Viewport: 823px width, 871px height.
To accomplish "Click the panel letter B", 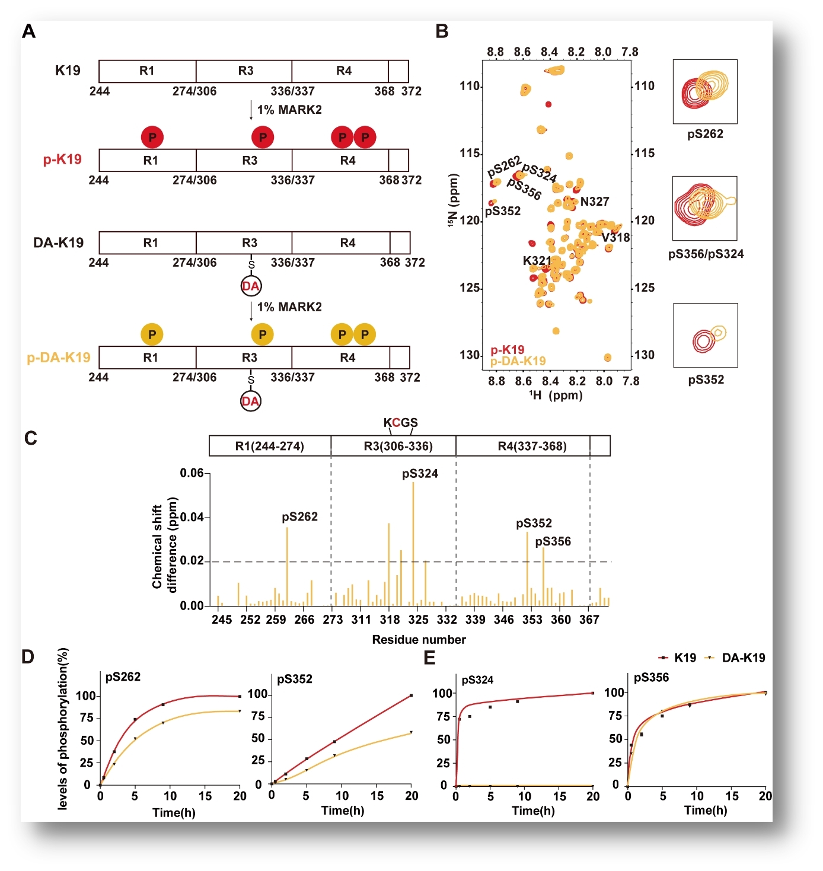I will coord(442,31).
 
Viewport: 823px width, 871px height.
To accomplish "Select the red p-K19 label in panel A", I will coord(62,159).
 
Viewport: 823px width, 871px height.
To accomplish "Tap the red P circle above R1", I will coord(152,138).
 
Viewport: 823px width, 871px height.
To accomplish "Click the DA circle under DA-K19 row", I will coord(251,286).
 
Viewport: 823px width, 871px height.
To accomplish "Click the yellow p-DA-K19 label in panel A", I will coord(59,358).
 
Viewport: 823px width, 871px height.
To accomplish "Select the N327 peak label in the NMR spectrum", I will coord(595,202).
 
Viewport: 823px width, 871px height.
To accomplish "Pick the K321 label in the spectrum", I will coord(537,261).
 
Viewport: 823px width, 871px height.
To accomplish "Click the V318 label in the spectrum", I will coord(615,238).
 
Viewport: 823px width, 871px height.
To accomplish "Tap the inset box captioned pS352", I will coord(706,336).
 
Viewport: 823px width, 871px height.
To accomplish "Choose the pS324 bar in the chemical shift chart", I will coord(413,544).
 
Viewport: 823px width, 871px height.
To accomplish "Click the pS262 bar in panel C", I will coord(287,566).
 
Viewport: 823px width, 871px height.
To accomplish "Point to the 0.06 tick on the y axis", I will coord(192,473).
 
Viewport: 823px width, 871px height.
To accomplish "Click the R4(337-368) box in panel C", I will coord(532,446).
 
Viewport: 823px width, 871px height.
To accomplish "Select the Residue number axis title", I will coord(419,640).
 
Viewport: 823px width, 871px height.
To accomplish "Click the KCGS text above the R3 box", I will coord(400,423).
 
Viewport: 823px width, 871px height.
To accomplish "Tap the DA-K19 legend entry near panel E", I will coord(743,658).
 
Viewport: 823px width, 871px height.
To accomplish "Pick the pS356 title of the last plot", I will coord(651,677).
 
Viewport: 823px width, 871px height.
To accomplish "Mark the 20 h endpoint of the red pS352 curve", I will coord(411,695).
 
